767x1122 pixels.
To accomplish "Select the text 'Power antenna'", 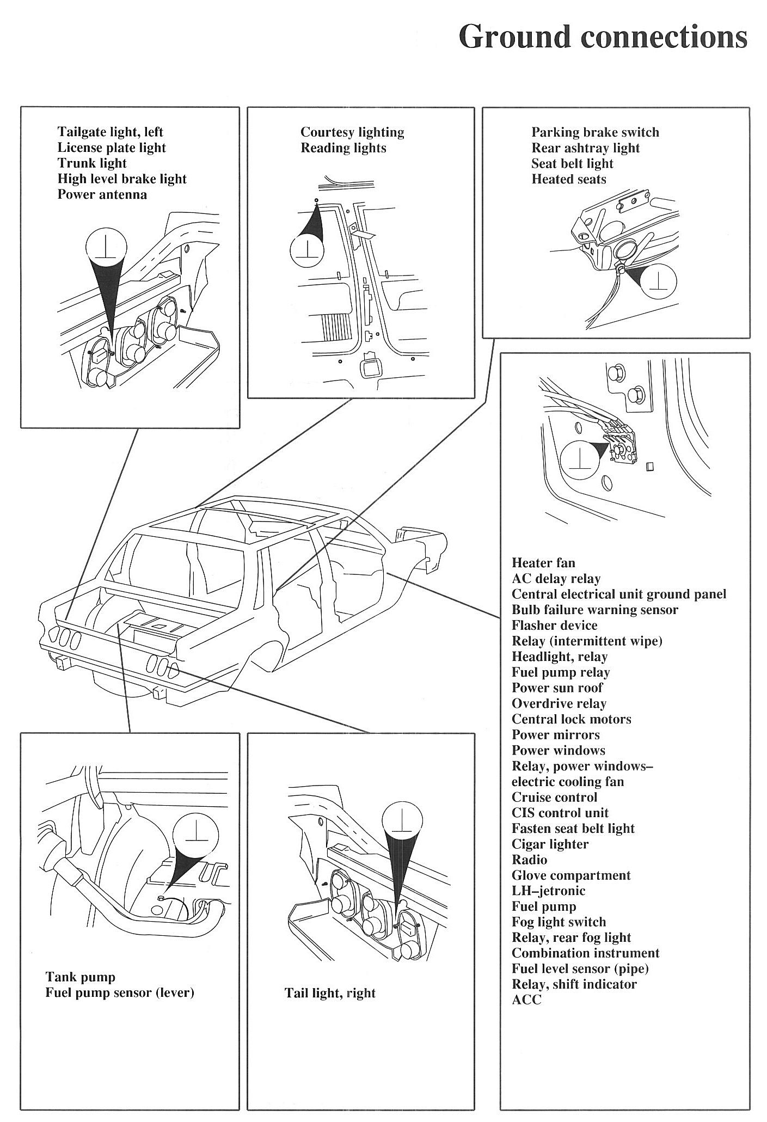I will click(102, 195).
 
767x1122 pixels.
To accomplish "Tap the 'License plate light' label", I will click(112, 148).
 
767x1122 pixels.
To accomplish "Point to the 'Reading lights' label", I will click(343, 148).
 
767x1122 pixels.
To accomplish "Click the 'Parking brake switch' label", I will click(595, 132).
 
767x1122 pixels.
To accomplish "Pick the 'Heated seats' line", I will click(568, 179).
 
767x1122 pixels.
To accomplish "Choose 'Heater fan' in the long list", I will click(543, 563).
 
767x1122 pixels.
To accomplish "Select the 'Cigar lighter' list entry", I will click(550, 844).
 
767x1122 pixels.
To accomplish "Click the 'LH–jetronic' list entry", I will click(548, 891).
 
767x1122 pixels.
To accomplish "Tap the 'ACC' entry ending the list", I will click(526, 1000).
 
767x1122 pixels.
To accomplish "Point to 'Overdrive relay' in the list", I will click(559, 704).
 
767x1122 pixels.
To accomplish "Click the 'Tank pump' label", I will click(80, 977).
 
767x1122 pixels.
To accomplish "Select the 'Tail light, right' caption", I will click(330, 993).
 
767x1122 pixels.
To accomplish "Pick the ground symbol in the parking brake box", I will click(659, 282).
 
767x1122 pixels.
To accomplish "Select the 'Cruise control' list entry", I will click(554, 798).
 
